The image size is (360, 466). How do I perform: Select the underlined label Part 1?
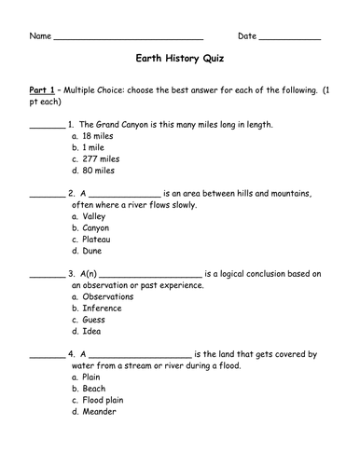(44, 89)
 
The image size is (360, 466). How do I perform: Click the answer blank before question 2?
(47, 196)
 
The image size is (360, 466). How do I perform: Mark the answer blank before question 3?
(47, 275)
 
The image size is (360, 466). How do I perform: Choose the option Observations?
(108, 296)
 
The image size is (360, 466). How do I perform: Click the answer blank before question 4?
(47, 355)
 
